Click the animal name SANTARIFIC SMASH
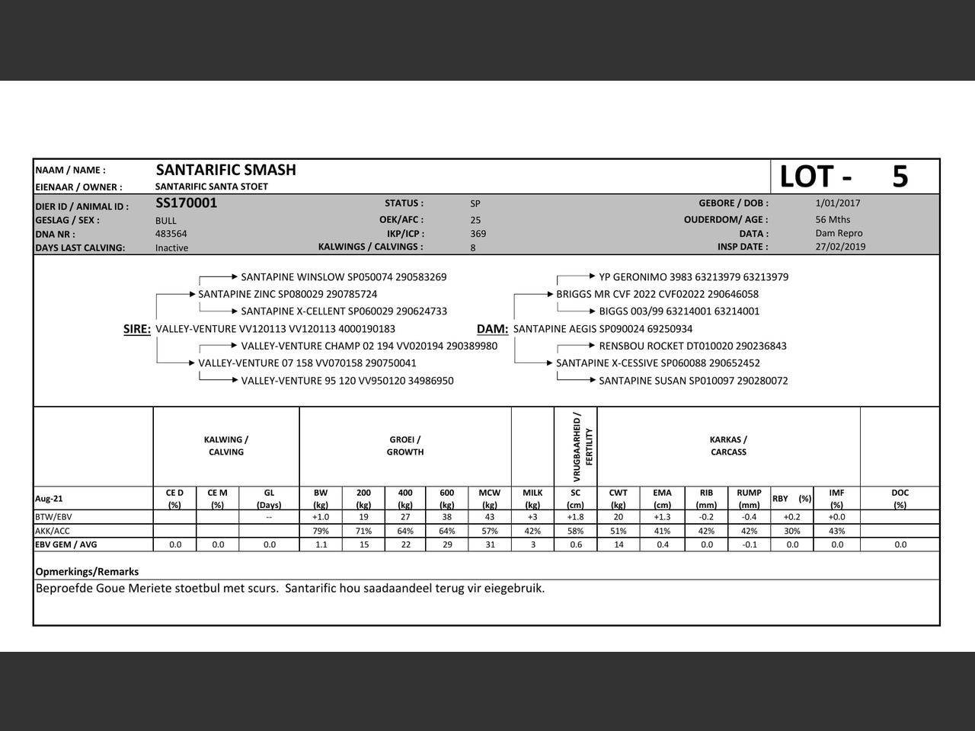(225, 170)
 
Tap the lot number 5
(900, 177)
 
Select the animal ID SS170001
(186, 203)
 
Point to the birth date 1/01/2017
(837, 203)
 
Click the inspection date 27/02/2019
(840, 247)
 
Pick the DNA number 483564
(171, 234)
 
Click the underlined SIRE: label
(137, 329)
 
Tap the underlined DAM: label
(492, 329)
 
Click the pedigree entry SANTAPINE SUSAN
(693, 381)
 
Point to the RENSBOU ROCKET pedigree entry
(692, 346)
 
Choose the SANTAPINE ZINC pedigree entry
(287, 294)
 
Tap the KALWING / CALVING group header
(226, 445)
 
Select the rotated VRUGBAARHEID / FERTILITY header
(583, 446)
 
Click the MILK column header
(532, 498)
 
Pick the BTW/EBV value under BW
(321, 517)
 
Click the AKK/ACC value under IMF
(836, 531)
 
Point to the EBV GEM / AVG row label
(66, 544)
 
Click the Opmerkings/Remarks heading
(87, 572)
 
